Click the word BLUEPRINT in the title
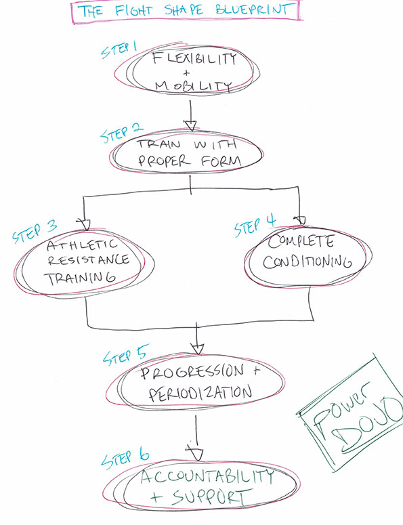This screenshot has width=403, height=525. (253, 9)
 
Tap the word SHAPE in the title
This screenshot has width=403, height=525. (184, 9)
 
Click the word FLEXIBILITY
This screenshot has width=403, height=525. (194, 58)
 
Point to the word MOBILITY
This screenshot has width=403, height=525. (193, 86)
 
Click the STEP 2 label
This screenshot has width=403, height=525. (121, 133)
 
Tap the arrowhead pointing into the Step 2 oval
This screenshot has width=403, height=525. (191, 126)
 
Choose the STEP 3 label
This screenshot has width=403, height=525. (35, 231)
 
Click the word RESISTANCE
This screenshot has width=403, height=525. (88, 260)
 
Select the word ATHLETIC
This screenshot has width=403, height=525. (82, 245)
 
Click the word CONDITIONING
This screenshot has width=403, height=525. (307, 261)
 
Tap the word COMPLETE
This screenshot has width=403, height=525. (301, 241)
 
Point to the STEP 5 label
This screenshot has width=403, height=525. (125, 355)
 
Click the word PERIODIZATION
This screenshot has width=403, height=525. (200, 393)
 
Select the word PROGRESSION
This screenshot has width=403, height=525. (192, 373)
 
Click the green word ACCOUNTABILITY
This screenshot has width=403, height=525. (207, 476)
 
